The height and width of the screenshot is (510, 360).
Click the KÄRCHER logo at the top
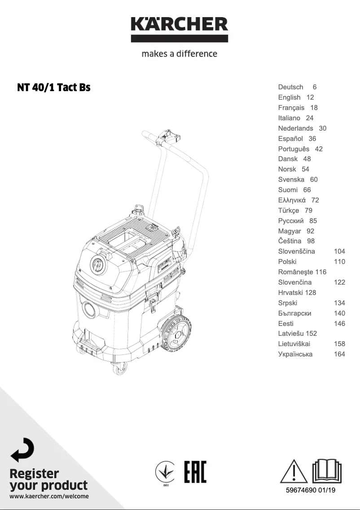click(x=180, y=29)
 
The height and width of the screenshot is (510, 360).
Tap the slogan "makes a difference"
click(x=180, y=54)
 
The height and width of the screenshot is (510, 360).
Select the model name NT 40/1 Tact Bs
click(x=54, y=88)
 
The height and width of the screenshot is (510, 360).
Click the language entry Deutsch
click(x=290, y=87)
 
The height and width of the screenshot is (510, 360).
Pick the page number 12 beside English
click(x=310, y=97)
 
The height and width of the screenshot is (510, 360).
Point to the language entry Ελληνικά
click(x=292, y=200)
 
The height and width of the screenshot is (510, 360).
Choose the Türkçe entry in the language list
click(x=289, y=211)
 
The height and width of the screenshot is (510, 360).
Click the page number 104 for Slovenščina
click(x=339, y=251)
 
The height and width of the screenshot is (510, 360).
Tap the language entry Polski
click(x=287, y=262)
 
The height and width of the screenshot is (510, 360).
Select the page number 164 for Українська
click(x=339, y=354)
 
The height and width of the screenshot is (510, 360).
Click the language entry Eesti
click(x=286, y=324)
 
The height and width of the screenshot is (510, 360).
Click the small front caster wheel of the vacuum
click(x=119, y=368)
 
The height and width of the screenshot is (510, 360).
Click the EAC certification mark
click(x=195, y=472)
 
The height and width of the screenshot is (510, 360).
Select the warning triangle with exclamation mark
click(x=294, y=471)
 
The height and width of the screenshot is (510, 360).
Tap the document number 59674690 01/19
click(x=311, y=490)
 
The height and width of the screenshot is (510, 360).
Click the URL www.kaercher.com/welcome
click(x=49, y=496)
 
